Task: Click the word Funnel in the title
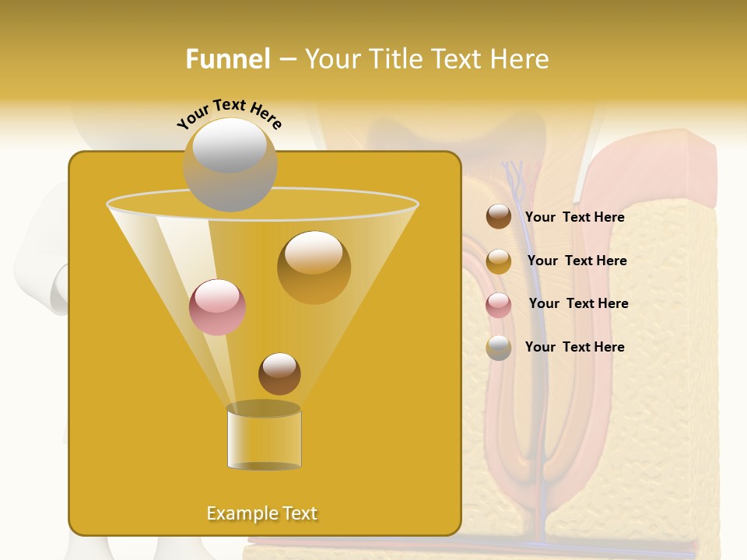227,58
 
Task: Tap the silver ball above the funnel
230,164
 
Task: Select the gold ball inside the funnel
314,267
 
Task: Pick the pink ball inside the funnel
217,307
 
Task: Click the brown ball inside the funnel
279,373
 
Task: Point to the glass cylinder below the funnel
264,438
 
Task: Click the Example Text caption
261,513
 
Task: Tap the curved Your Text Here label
229,114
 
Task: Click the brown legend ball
499,216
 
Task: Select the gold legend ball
499,261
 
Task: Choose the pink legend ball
499,305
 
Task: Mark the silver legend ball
499,348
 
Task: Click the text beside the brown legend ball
574,218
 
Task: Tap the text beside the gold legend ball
577,261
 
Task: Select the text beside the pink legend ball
578,303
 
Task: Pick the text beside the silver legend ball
574,347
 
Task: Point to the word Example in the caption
237,513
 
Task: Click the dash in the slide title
286,60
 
